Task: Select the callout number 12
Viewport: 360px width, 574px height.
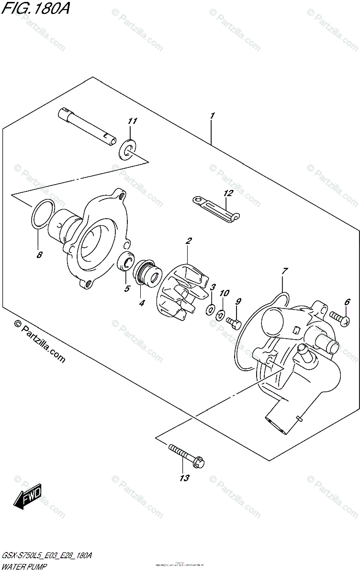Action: click(x=227, y=194)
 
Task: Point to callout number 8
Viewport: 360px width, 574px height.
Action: click(x=39, y=254)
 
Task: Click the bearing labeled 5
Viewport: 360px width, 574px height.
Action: click(x=126, y=262)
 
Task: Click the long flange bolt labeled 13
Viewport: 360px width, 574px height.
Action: click(x=186, y=455)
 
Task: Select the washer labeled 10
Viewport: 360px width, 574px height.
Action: click(x=220, y=315)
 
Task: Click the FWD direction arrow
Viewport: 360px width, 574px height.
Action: click(x=28, y=497)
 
